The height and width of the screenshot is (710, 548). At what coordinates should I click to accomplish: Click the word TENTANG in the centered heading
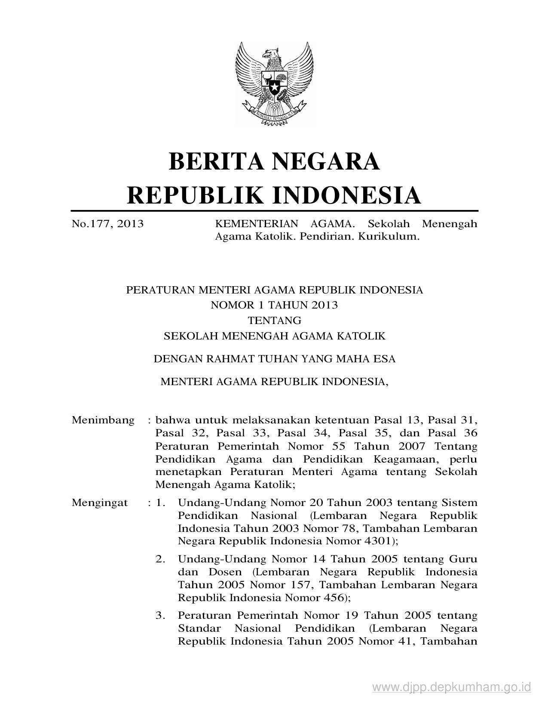[x=274, y=321]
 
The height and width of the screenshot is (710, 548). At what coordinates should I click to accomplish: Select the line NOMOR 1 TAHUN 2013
[x=274, y=305]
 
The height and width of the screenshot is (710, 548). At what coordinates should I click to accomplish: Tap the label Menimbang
[x=103, y=420]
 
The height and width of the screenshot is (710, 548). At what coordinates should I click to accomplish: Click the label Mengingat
[x=100, y=503]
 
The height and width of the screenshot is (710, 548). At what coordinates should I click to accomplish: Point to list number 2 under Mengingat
[x=160, y=559]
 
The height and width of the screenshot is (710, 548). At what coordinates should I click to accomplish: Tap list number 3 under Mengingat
[x=160, y=616]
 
